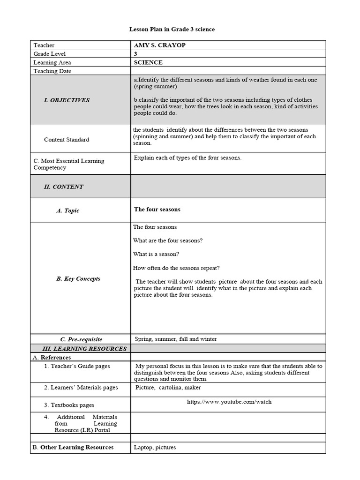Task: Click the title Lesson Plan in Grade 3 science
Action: tap(172, 30)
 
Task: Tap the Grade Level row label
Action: tap(48, 54)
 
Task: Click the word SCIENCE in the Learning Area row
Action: tap(148, 62)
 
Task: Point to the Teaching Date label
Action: tap(52, 71)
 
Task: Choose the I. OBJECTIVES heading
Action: tap(67, 100)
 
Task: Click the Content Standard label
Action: tap(67, 140)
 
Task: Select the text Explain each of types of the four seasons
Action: tap(187, 158)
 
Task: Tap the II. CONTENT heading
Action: tap(63, 187)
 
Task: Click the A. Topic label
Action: tap(67, 211)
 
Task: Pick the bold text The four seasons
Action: tap(157, 210)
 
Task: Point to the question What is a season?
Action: tap(156, 255)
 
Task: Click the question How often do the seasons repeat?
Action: tap(176, 268)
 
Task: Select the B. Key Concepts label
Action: tap(78, 278)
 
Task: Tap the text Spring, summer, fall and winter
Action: tap(176, 339)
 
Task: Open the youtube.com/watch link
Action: tap(229, 402)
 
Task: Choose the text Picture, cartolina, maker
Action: tap(168, 388)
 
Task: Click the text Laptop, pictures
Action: tap(155, 447)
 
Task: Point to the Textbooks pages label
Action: tap(69, 405)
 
